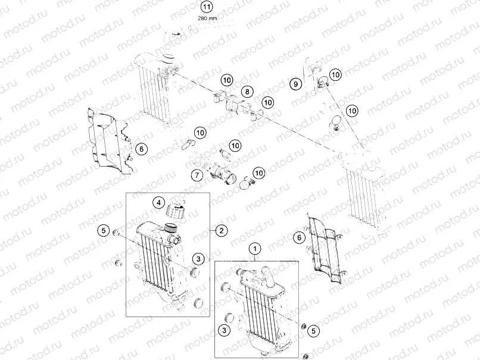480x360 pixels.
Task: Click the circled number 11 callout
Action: point(206,7)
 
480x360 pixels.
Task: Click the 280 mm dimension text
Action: point(206,18)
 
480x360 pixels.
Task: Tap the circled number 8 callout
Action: point(247,91)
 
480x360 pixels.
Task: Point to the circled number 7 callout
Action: point(196,175)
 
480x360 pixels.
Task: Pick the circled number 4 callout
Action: point(158,202)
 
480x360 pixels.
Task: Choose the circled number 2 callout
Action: point(221,230)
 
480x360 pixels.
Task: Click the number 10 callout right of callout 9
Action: point(336,74)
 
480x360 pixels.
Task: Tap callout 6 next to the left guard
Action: point(141,149)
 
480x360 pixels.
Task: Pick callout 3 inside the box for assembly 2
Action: point(198,258)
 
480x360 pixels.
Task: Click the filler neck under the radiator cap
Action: point(173,229)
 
